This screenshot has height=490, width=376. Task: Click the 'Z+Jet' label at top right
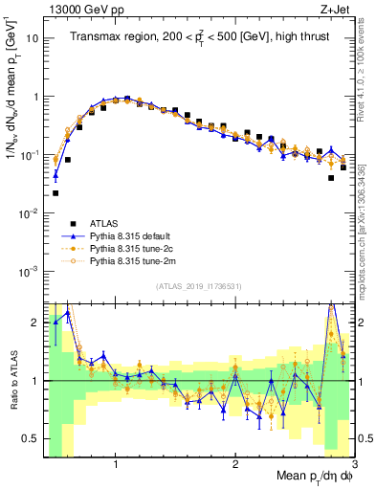(x=336, y=10)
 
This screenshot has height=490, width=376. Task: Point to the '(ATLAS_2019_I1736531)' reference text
(x=198, y=286)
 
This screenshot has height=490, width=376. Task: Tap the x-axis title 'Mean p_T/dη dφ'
(x=306, y=476)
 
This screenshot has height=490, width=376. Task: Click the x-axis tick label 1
(x=116, y=462)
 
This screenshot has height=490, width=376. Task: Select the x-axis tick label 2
(x=235, y=462)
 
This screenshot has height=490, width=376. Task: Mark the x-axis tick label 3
(x=354, y=462)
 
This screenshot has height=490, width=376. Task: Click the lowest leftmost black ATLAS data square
(x=55, y=193)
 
